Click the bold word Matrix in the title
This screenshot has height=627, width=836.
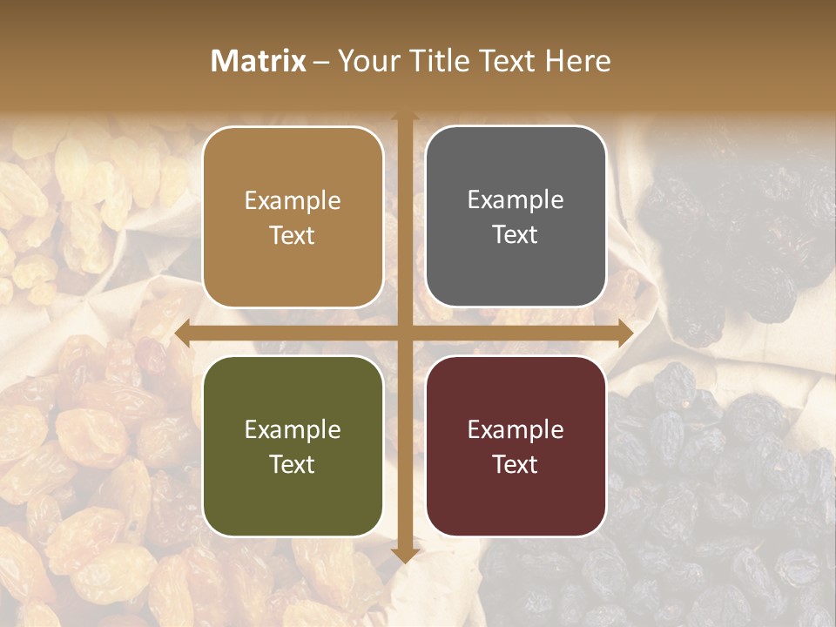[259, 61]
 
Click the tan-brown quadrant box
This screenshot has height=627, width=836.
[293, 217]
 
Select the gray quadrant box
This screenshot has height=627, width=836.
[516, 217]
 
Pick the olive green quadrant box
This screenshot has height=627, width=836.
[293, 446]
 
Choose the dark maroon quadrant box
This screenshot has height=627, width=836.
[516, 446]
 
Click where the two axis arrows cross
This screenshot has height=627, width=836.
[404, 333]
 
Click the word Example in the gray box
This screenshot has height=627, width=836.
[516, 200]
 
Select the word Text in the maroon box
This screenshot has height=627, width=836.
[516, 464]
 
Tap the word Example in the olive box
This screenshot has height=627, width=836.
[293, 429]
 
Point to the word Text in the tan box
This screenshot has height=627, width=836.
[293, 235]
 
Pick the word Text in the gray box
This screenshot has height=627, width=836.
[516, 234]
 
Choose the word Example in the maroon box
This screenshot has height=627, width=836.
[516, 429]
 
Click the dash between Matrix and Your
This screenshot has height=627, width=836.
[322, 62]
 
